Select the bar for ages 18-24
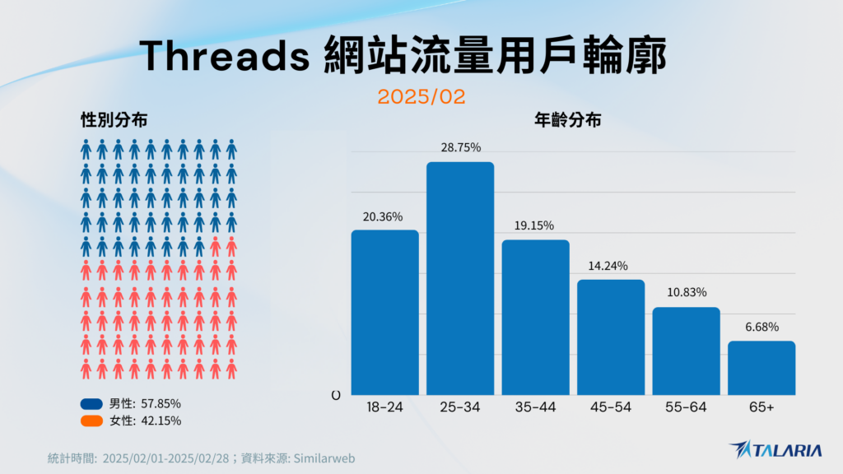click(385, 312)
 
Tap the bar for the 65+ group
click(761, 368)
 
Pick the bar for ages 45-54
click(611, 337)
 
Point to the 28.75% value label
click(460, 148)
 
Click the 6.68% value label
click(761, 328)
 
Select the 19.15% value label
click(535, 225)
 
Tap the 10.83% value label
click(687, 293)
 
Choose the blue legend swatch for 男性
click(91, 404)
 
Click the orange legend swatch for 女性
click(91, 421)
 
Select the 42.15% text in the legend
click(161, 421)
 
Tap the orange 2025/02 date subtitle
click(421, 97)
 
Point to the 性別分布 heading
click(114, 120)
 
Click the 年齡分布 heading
click(568, 120)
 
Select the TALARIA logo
click(775, 450)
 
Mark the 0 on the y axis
click(336, 396)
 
